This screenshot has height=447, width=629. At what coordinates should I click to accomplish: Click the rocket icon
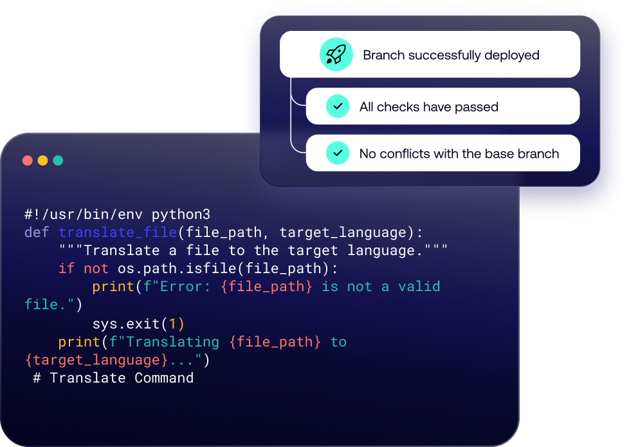tap(336, 55)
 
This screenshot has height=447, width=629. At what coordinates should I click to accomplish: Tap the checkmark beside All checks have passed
tap(337, 106)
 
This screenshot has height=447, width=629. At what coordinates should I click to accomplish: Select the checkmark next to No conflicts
tap(337, 153)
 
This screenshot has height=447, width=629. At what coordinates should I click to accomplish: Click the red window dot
tap(28, 160)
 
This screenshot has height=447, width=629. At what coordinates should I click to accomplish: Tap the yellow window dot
tap(42, 160)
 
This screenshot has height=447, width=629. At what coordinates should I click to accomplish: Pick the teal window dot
tap(58, 160)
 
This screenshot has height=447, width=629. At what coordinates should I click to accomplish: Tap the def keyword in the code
tap(37, 232)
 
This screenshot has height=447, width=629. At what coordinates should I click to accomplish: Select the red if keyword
tap(66, 268)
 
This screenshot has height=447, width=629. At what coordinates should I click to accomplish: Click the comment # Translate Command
tap(113, 377)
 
